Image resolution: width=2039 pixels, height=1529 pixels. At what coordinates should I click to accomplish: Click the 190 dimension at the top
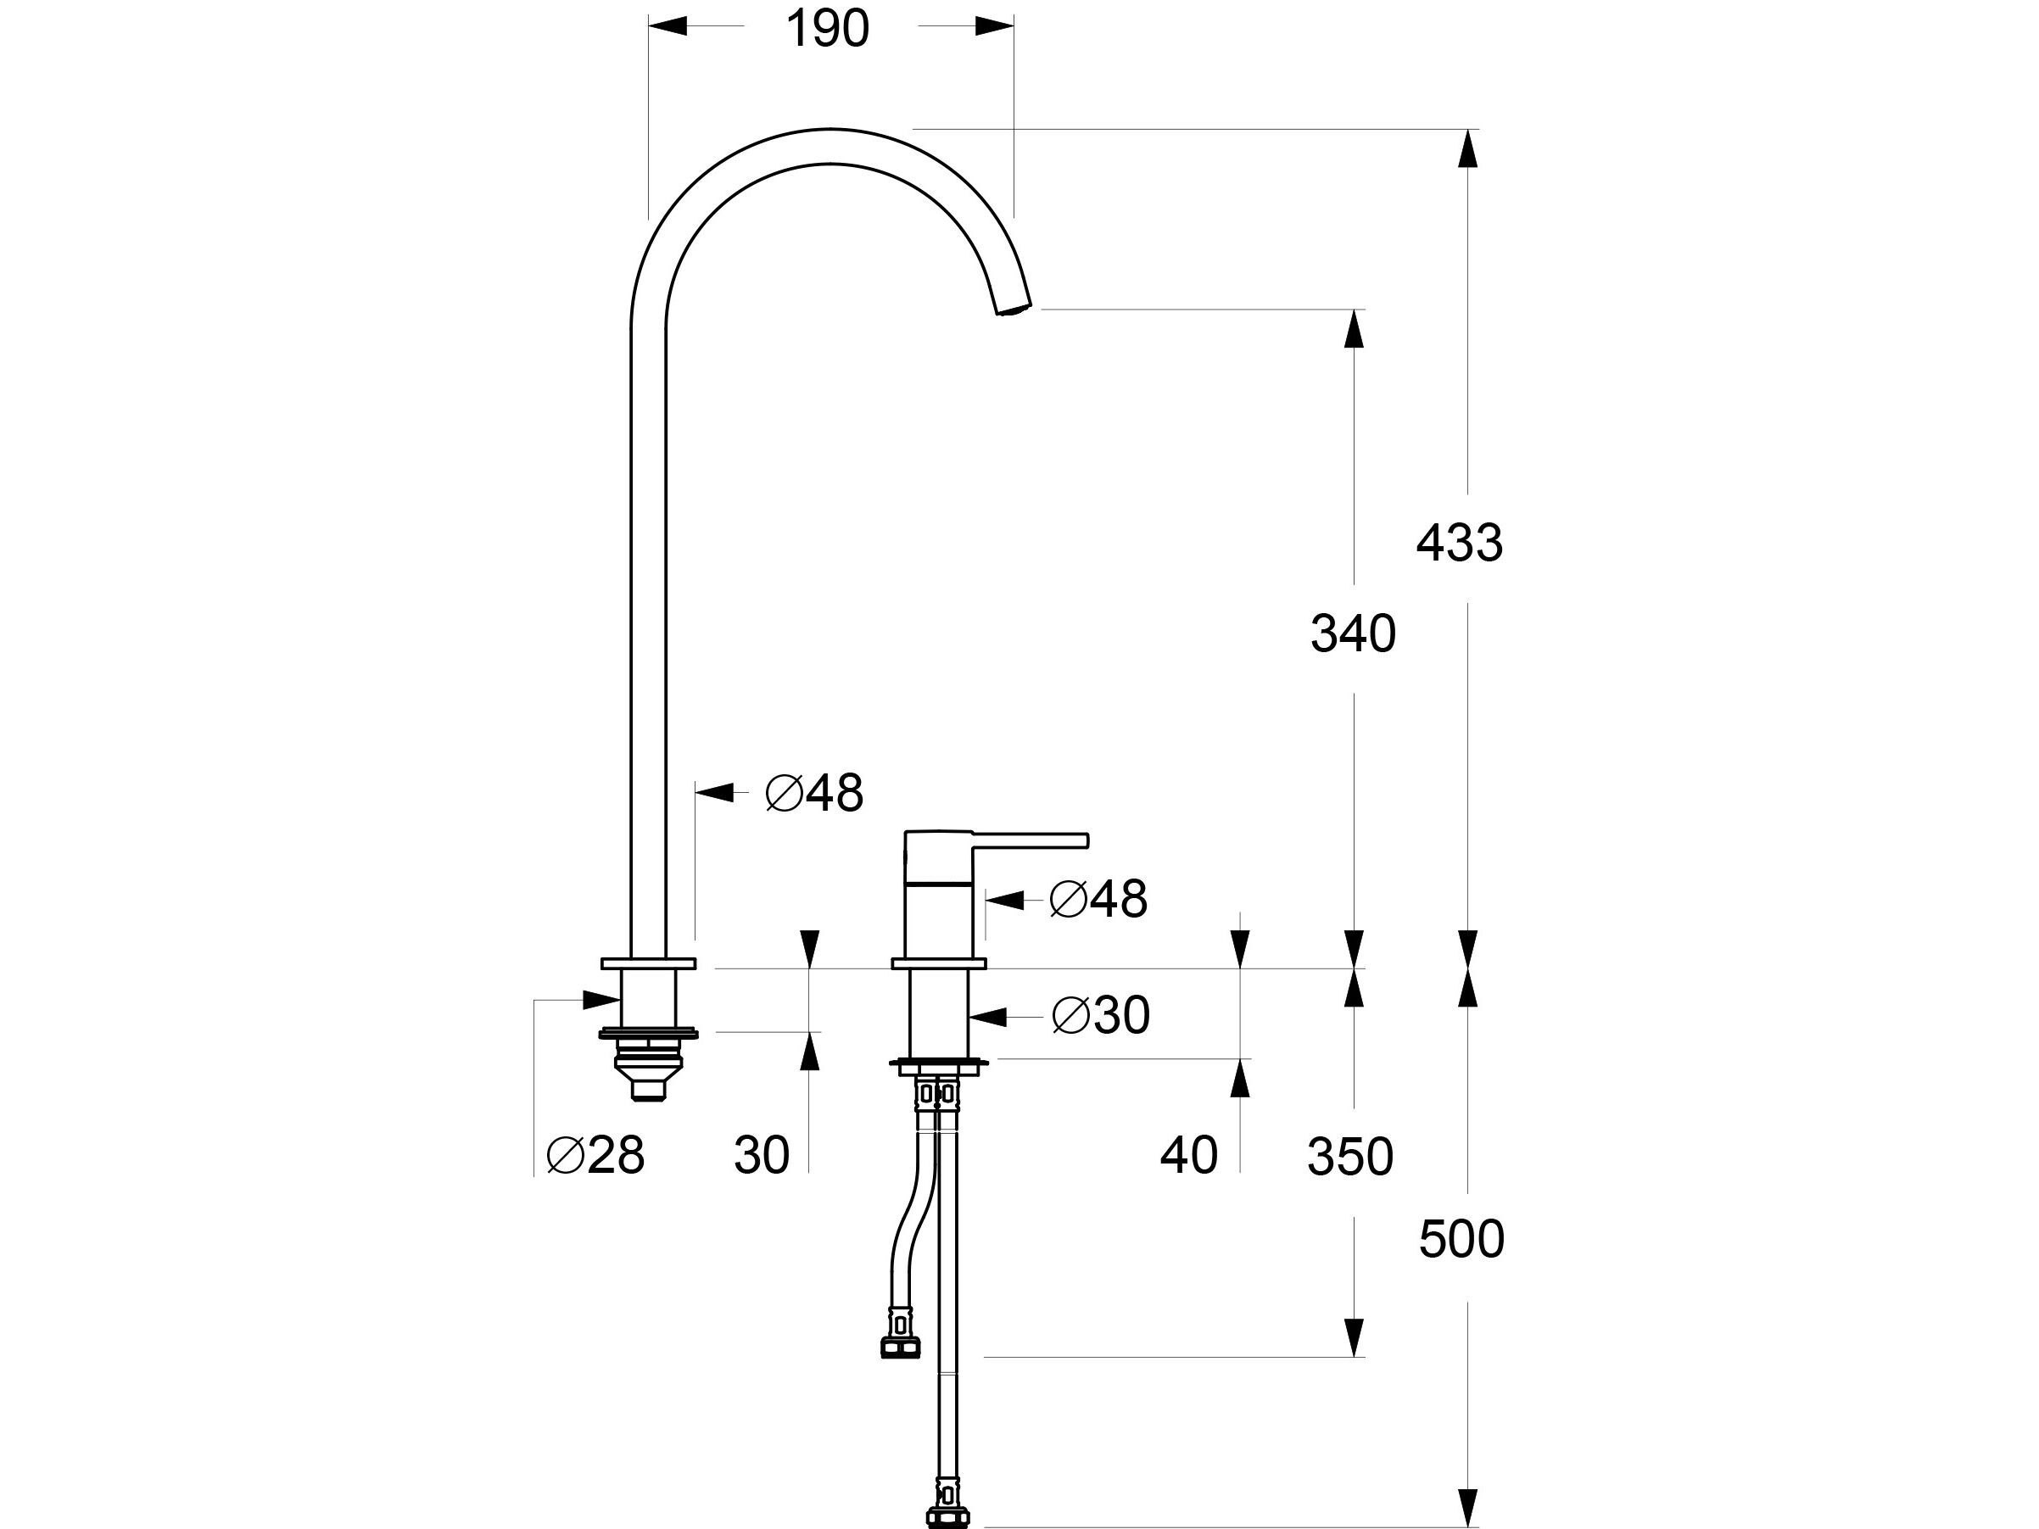(827, 30)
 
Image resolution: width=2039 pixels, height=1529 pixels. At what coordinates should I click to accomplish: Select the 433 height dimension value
(1459, 543)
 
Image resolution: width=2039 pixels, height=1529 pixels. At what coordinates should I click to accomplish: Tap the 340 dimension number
(1352, 634)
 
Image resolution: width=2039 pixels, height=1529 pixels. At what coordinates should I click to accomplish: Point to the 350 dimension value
(1349, 1157)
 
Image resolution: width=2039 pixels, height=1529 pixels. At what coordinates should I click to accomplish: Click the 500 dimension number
(1461, 1239)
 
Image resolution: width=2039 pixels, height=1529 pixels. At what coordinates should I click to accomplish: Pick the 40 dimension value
(1188, 1155)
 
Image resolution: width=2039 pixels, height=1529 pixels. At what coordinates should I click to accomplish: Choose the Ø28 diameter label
(595, 1155)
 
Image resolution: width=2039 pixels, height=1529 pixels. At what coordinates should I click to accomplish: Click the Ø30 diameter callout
(1101, 1016)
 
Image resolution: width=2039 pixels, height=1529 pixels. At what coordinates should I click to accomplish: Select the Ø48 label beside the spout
(814, 793)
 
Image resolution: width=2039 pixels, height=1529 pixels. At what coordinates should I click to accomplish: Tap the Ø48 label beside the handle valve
(1098, 899)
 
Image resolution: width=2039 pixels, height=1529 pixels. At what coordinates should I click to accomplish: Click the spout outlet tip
(1014, 309)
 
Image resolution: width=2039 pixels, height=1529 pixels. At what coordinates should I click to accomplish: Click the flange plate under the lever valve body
(938, 1065)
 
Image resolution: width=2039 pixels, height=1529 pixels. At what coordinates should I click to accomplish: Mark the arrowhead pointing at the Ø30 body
(987, 1016)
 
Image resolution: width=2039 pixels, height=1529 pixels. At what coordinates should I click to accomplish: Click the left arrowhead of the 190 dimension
(668, 25)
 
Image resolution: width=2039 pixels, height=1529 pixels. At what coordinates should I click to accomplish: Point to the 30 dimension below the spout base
(762, 1155)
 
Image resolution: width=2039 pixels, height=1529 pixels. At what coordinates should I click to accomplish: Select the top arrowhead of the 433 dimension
(1467, 148)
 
